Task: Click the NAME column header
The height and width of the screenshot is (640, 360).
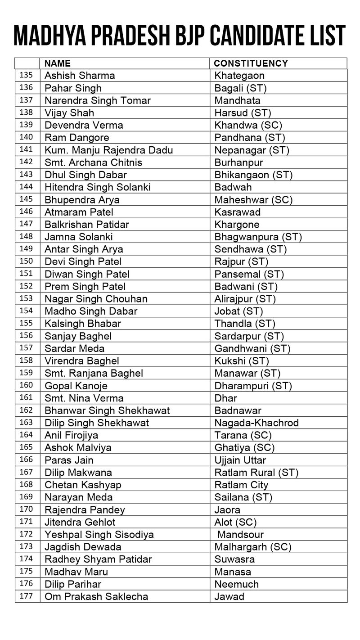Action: [58, 63]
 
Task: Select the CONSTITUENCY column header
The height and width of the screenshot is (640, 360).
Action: [251, 63]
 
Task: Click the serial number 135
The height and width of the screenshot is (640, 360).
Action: [27, 75]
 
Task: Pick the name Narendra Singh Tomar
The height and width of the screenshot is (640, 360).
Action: [98, 100]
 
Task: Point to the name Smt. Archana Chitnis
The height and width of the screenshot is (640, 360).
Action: [93, 162]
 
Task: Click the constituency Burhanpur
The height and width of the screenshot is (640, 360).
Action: [239, 162]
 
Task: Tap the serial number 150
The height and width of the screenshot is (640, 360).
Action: [27, 261]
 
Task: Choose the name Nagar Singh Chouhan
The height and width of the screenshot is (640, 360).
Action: [96, 299]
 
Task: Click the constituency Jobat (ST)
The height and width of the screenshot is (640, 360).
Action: [239, 311]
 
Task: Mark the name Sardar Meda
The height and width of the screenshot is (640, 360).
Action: [75, 348]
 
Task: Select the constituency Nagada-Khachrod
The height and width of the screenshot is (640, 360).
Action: [256, 423]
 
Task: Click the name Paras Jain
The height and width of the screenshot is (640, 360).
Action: [69, 460]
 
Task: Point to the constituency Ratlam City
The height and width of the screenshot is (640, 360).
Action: [241, 485]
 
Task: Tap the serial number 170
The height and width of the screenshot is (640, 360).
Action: [27, 509]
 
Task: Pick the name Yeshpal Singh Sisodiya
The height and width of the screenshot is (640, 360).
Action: [99, 535]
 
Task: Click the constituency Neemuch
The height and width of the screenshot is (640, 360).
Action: [237, 584]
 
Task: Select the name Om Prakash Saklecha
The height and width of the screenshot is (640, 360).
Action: [96, 597]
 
